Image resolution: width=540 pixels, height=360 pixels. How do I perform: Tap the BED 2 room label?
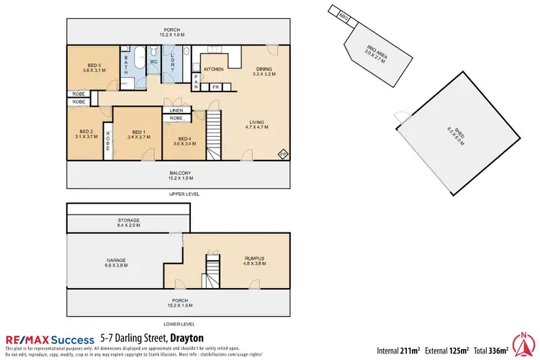click(x=86, y=132)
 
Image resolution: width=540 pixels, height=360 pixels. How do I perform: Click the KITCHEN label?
click(x=214, y=69)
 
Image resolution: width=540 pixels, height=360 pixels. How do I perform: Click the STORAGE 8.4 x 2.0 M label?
click(x=128, y=222)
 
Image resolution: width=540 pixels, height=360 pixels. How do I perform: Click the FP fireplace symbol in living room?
click(x=283, y=154)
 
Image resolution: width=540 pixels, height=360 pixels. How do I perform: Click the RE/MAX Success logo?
click(x=50, y=339)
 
